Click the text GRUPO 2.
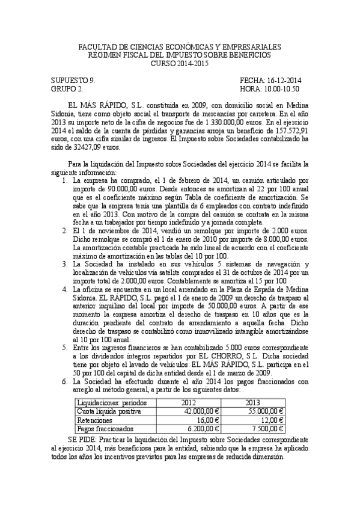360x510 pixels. coord(67,88)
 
